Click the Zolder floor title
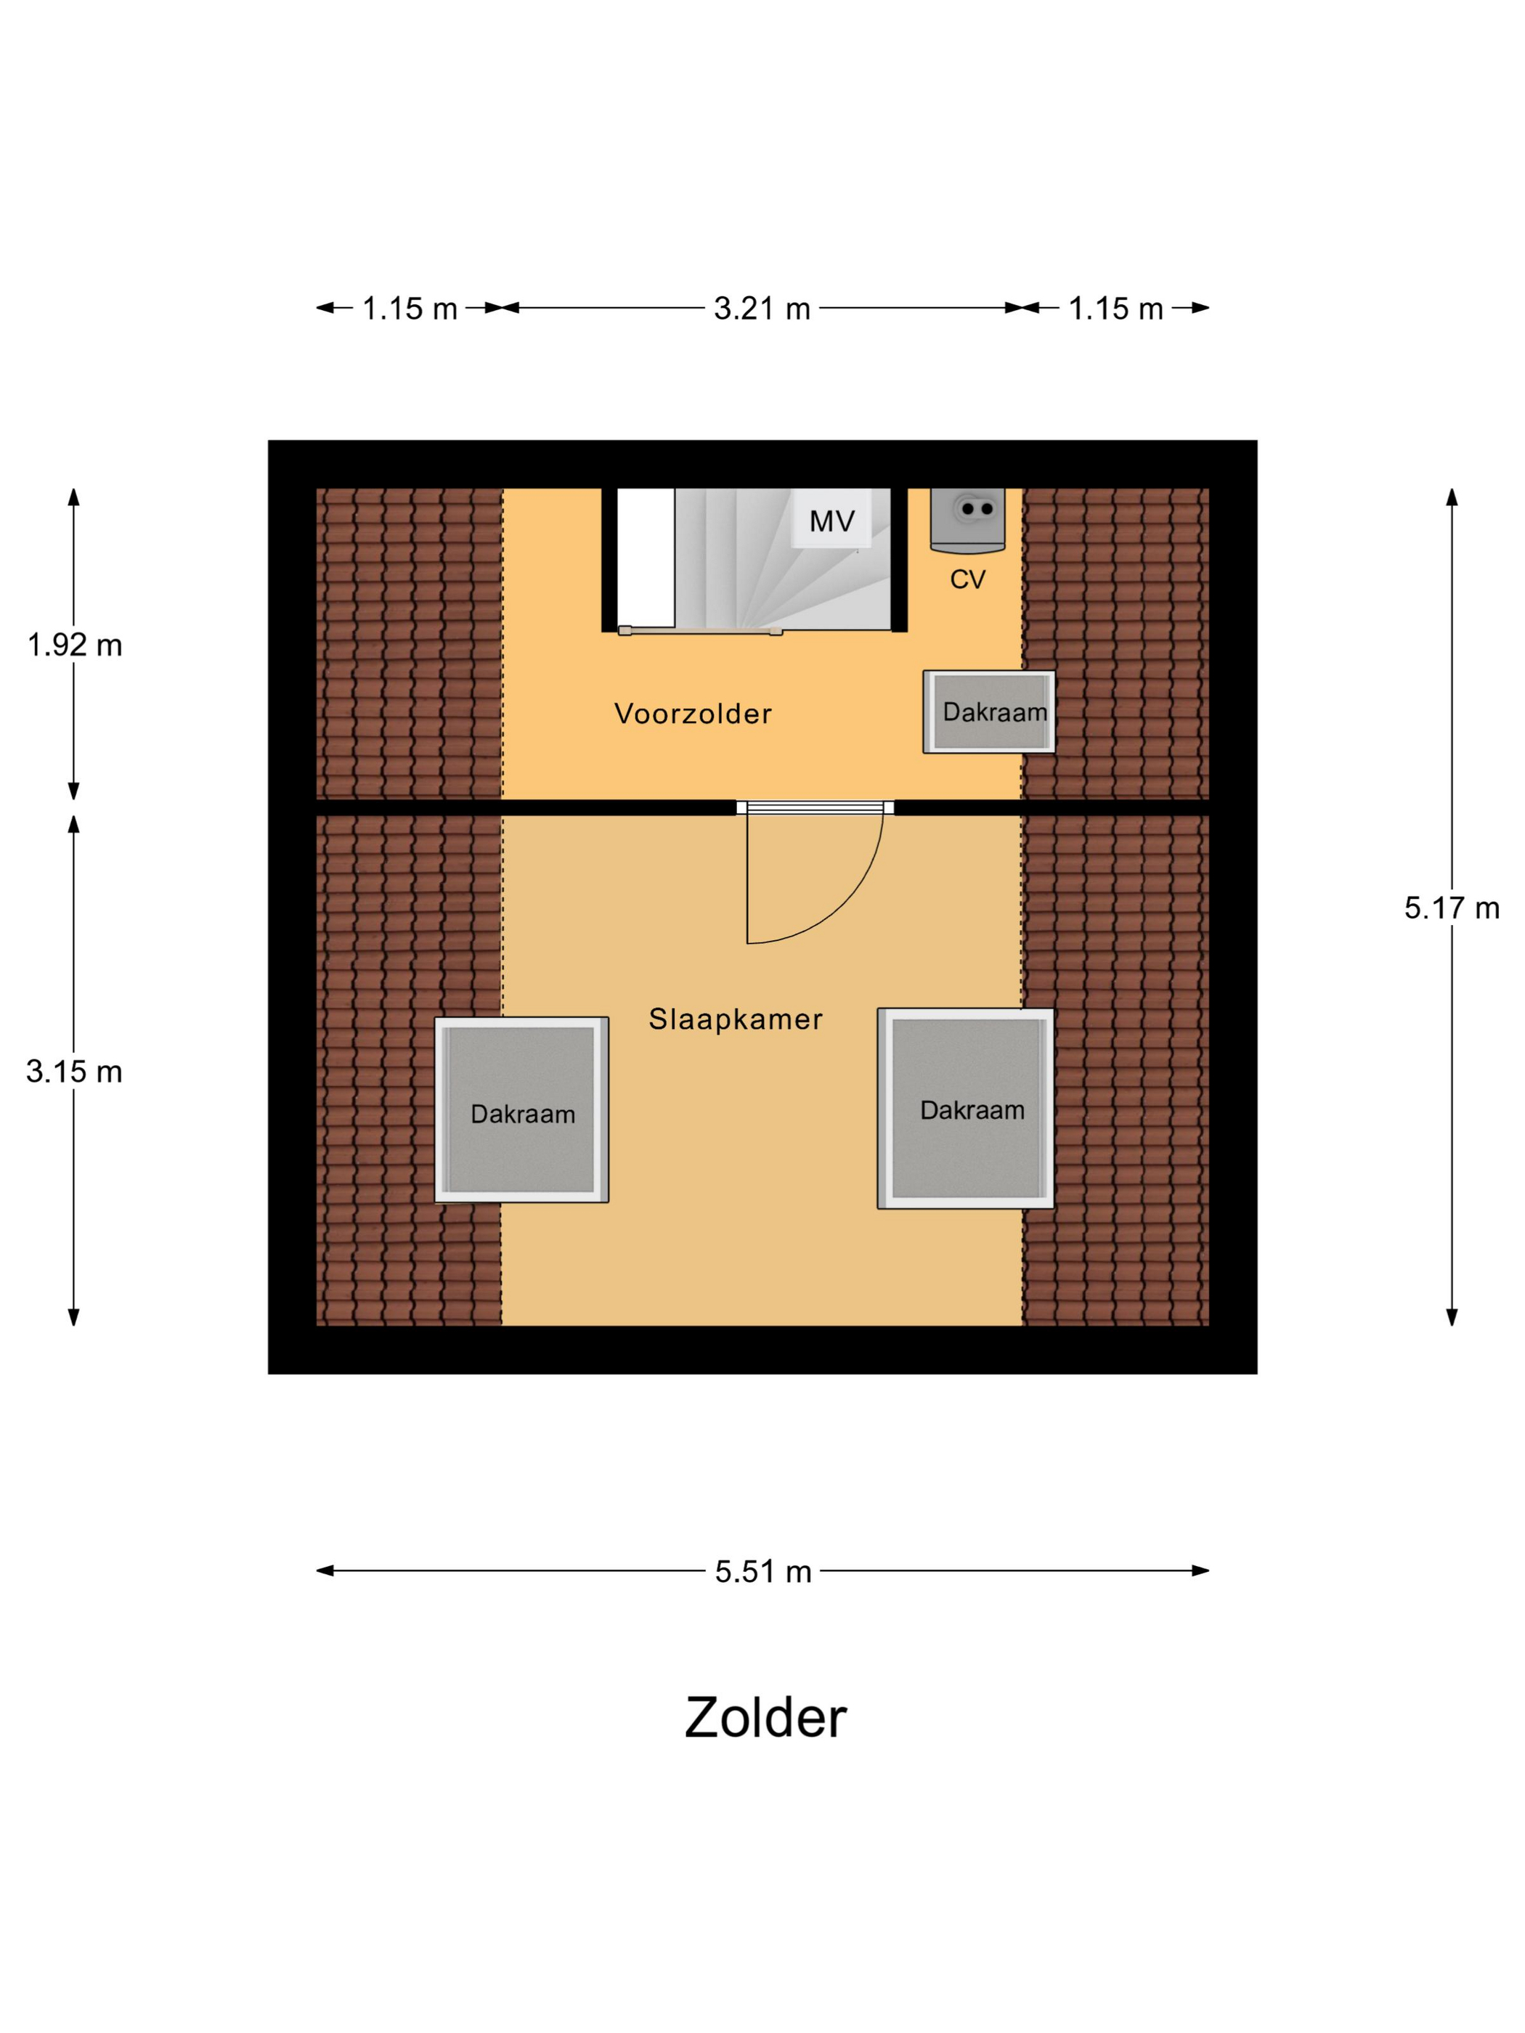[765, 1718]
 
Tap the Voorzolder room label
[693, 714]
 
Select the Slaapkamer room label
[736, 1019]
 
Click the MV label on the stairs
[832, 522]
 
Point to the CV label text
[967, 579]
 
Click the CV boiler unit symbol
[968, 520]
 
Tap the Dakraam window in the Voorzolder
[989, 712]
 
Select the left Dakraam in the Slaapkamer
[521, 1109]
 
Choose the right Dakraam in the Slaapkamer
[966, 1109]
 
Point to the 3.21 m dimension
[762, 309]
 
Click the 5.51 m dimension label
[763, 1572]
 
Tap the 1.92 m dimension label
[75, 645]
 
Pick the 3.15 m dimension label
[75, 1072]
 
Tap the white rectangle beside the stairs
[646, 559]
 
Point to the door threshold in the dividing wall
[816, 808]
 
